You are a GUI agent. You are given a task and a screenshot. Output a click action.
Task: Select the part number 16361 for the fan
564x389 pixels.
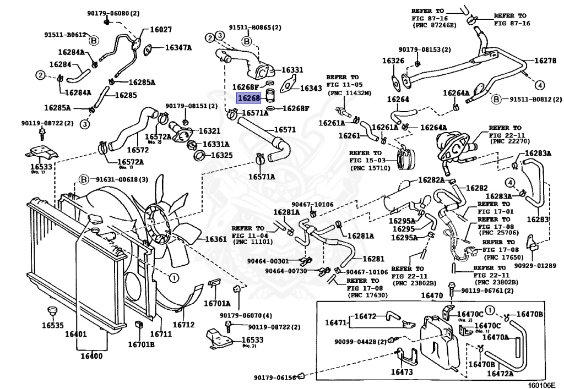pos(216,239)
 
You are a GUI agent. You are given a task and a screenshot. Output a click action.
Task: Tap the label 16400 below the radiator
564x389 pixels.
pos(92,355)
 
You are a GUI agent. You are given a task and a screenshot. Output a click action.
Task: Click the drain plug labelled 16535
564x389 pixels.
pos(52,325)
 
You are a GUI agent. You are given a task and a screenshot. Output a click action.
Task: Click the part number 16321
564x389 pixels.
pos(209,131)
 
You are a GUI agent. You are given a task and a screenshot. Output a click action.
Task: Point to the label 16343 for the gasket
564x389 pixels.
pos(311,88)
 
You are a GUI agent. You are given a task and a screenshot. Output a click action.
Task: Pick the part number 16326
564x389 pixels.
pos(393,61)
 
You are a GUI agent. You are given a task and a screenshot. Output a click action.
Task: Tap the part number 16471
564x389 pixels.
pos(335,322)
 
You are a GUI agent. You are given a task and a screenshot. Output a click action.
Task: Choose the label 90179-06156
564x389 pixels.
pos(275,377)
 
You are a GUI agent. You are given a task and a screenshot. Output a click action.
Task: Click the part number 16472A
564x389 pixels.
pos(500,374)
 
